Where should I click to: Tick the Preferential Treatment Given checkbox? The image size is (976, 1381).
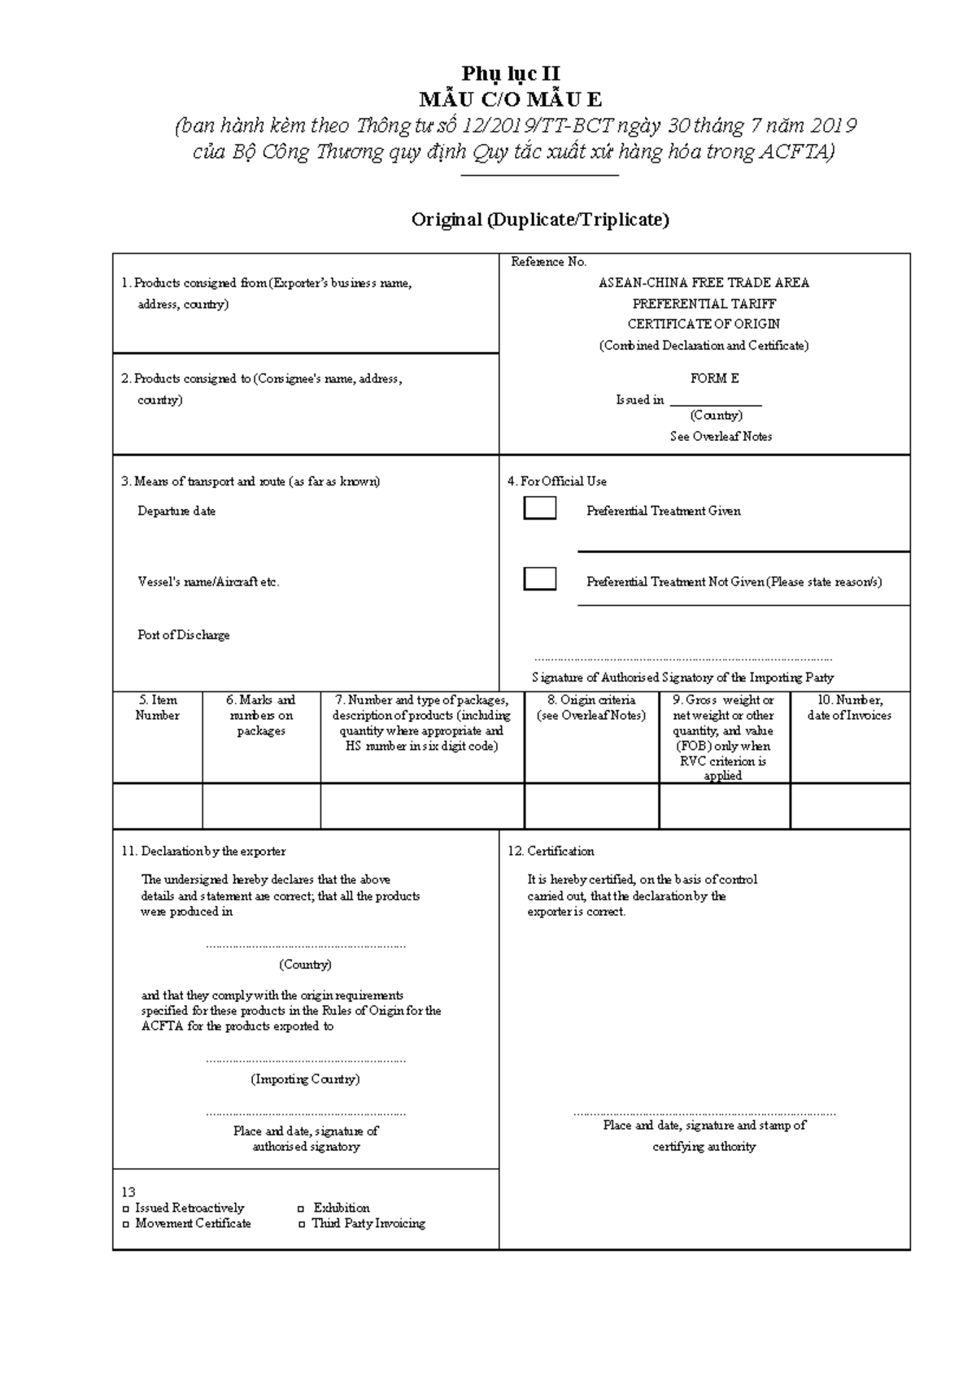540,508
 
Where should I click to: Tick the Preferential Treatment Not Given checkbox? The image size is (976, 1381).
540,579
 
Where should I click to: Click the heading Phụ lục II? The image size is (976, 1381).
510,75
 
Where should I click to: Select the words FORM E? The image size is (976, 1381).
714,378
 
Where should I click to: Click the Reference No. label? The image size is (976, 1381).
548,262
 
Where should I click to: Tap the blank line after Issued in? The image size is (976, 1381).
715,400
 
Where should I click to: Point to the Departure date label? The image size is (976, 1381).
176,511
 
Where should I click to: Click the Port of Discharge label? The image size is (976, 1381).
184,634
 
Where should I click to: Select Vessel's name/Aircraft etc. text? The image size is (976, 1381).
208,582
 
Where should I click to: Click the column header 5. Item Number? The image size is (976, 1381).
157,708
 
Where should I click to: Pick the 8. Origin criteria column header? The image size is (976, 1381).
591,708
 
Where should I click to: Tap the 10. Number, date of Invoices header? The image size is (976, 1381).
849,708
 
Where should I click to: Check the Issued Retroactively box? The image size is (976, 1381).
126,1209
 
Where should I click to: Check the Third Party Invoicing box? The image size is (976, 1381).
302,1224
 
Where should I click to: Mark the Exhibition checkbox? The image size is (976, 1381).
302,1209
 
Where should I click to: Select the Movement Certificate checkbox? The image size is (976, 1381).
126,1224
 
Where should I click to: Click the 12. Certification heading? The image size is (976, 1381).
551,851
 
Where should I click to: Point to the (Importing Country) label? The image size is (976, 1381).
305,1079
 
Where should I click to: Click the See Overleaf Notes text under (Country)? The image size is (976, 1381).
721,437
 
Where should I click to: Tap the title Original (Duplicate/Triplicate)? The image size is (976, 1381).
540,220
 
